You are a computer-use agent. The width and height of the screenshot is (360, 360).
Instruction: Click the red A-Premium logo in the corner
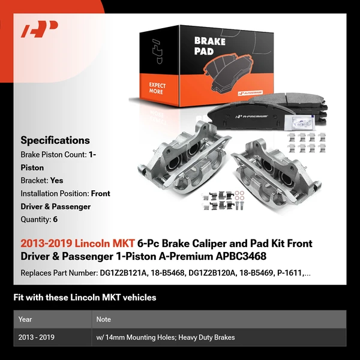[x=39, y=29]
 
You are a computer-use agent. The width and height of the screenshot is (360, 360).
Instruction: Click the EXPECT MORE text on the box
[x=157, y=89]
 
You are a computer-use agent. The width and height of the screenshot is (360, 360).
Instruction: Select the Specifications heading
[x=55, y=140]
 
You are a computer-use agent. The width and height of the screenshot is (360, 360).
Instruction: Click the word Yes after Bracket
[x=57, y=180]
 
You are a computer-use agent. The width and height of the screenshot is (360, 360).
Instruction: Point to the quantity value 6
[x=55, y=220]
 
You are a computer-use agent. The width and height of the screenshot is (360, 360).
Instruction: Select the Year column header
[x=26, y=319]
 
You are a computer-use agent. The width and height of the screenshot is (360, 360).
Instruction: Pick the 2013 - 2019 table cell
[x=37, y=337]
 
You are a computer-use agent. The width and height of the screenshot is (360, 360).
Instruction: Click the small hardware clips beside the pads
[x=307, y=143]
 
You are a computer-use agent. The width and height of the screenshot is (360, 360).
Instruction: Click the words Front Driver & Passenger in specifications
[x=65, y=200]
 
